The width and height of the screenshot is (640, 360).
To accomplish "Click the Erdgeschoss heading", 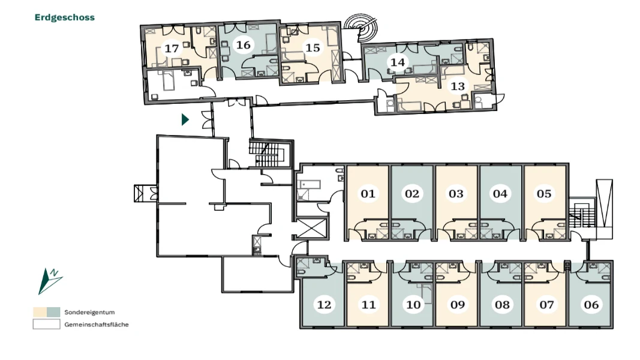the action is coord(65,17).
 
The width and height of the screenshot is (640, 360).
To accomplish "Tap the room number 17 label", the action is coord(172,48).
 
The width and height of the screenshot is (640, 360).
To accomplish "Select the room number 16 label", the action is coord(244,44).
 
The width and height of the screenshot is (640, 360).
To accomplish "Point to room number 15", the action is coord(313,47).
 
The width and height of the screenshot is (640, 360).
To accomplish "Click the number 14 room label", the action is coord(398,62).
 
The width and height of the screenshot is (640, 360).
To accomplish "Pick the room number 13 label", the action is coord(458,86).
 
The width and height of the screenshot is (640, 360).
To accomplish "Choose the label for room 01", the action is coord(368,193).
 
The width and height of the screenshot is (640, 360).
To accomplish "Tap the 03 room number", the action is coord(456,193).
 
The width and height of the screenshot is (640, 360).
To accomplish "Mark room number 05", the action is coord(544,193).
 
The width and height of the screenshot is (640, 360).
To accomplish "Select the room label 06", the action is coord(591,304).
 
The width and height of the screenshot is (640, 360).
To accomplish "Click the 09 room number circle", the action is coord(458,304).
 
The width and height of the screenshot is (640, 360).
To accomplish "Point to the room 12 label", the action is coord(324,304).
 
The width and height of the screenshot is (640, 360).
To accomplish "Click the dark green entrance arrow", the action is coord(185,119).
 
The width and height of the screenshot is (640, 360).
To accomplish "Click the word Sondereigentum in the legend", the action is coord(89,312).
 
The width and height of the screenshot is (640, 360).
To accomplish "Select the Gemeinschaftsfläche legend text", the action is coord(97,325).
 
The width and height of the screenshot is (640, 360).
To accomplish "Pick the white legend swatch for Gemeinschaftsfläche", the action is coord(47,324).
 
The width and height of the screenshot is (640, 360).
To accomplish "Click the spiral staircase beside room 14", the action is coord(360,28).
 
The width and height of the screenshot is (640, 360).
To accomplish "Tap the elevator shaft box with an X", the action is coord(312,229).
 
